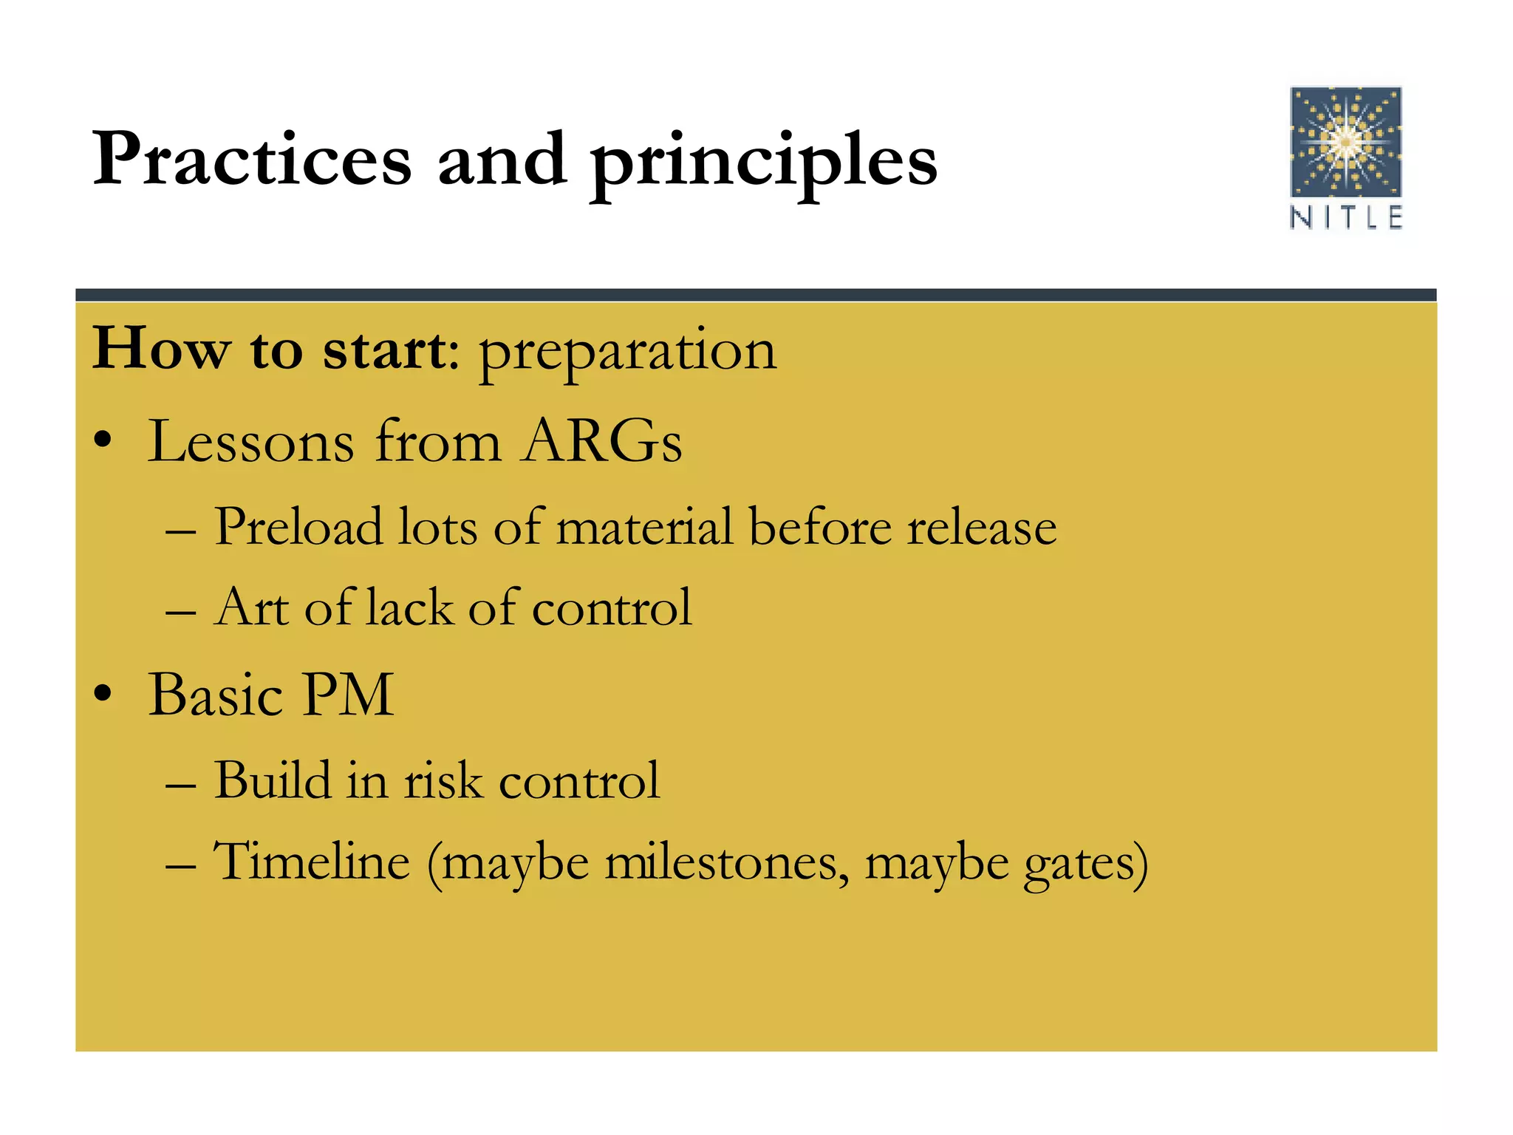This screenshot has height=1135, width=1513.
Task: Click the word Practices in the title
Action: (251, 159)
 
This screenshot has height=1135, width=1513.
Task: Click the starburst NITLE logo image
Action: (1345, 142)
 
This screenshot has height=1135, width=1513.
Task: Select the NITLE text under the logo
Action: (1345, 218)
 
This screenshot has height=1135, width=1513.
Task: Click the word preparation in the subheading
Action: (627, 352)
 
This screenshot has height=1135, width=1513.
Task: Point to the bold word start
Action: (384, 350)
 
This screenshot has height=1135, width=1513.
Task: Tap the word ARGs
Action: (601, 441)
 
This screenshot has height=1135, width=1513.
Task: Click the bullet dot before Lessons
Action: (103, 441)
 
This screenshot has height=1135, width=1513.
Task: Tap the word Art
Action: (251, 607)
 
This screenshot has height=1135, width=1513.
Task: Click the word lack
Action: (409, 607)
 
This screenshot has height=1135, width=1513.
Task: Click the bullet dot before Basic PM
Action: (103, 695)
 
